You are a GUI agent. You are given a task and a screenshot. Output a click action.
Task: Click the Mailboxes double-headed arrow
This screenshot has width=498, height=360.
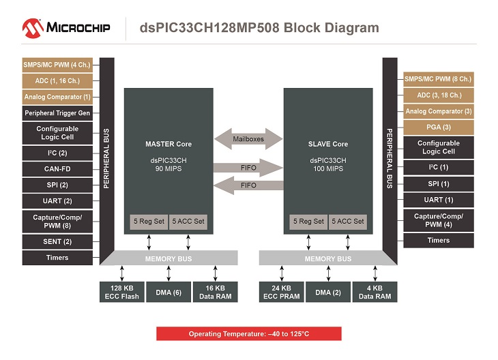click(x=248, y=139)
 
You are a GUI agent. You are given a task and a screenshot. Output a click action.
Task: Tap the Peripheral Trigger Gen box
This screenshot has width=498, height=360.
click(x=57, y=113)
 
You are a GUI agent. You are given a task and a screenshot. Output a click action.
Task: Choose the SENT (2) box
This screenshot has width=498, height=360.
click(x=57, y=241)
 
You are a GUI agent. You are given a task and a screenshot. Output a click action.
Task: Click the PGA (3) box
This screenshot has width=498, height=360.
click(x=438, y=127)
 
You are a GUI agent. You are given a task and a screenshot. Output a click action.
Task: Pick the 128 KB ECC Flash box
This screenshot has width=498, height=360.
click(x=122, y=292)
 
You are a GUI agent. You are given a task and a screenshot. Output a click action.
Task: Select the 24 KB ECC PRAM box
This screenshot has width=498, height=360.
click(x=281, y=292)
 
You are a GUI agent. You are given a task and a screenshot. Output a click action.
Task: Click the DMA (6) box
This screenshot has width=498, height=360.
click(x=167, y=292)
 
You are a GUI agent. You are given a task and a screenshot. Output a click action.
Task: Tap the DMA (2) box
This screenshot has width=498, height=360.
click(x=327, y=292)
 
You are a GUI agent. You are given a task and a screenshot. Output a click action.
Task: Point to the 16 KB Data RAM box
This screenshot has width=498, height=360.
click(x=214, y=292)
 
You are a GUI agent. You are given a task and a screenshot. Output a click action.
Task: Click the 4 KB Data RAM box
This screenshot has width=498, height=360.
click(x=375, y=292)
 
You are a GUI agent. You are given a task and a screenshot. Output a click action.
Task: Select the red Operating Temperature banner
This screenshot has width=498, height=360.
click(x=248, y=334)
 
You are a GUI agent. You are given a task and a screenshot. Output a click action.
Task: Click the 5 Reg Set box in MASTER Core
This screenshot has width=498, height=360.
click(x=148, y=222)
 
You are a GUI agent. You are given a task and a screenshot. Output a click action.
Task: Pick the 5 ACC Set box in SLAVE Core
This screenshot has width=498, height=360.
click(x=348, y=222)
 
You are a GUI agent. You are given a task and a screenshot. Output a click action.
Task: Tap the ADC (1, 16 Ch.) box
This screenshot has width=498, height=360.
click(x=57, y=80)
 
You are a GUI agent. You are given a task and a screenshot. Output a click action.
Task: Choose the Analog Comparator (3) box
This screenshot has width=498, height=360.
click(x=438, y=111)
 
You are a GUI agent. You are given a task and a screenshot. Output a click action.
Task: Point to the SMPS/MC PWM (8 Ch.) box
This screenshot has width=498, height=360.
click(x=438, y=78)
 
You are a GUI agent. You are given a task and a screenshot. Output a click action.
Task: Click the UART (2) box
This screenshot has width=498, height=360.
click(x=57, y=201)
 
